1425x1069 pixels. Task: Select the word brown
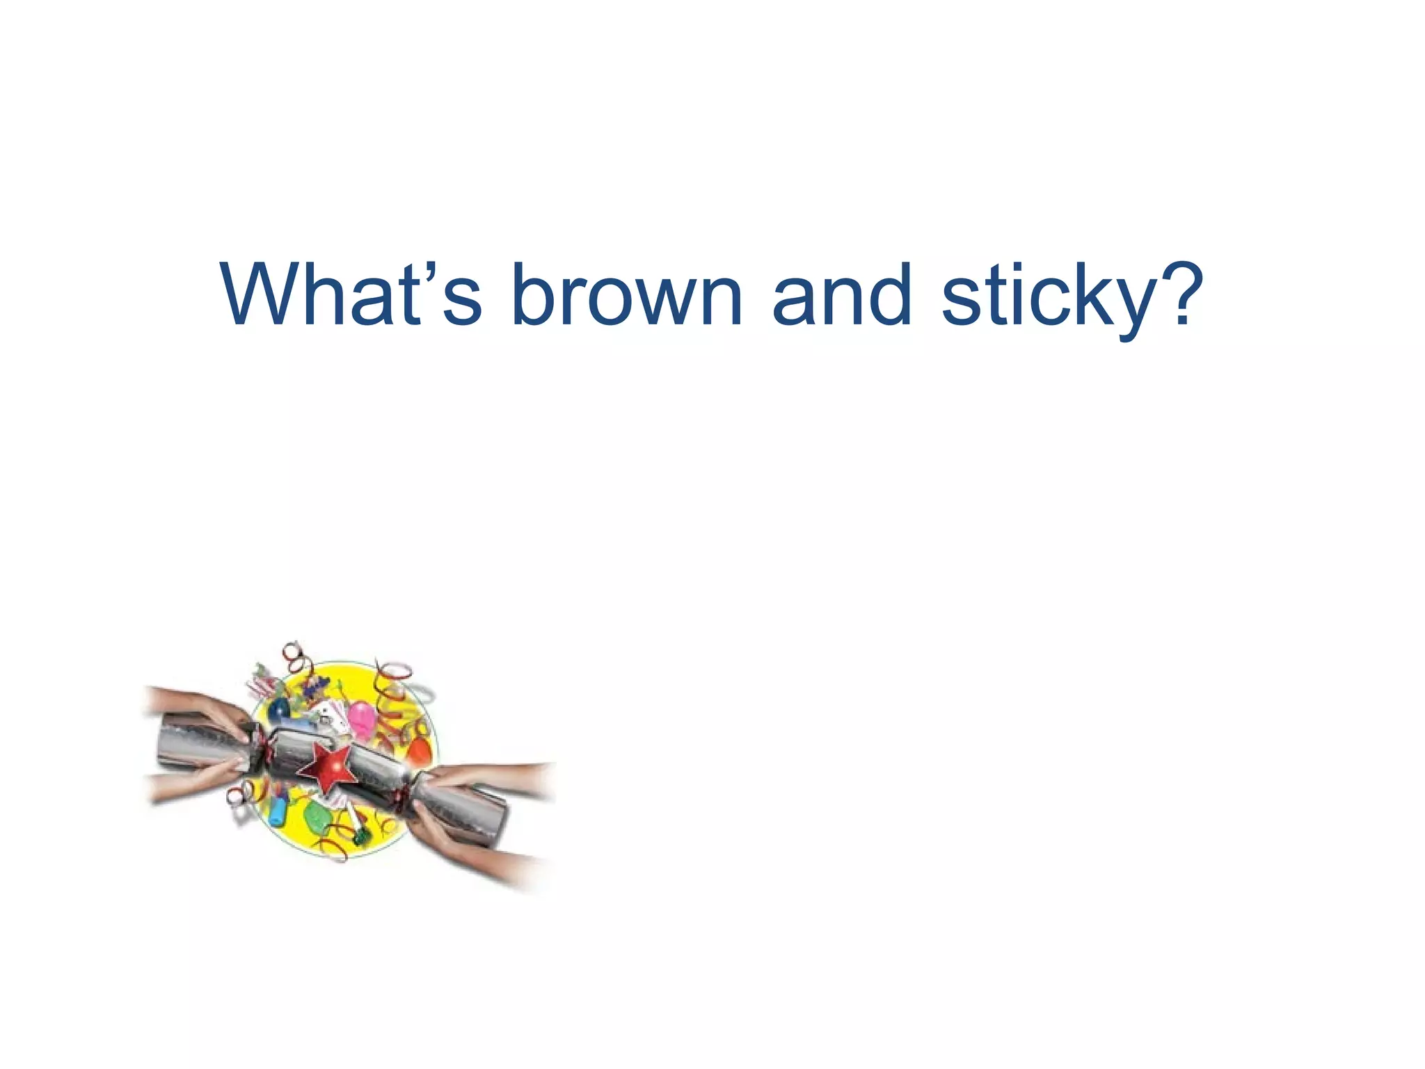626,295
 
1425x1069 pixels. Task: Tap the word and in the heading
842,295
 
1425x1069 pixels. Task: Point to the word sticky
1044,296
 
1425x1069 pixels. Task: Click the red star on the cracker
328,766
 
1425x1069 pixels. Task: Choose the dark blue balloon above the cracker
279,709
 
